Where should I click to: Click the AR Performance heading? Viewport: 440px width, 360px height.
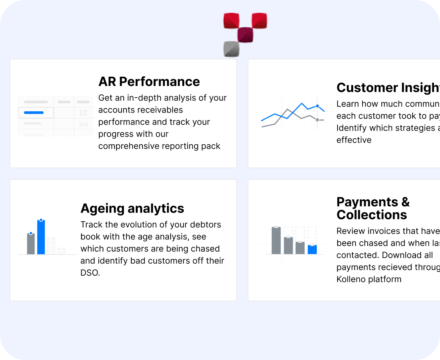[x=149, y=82]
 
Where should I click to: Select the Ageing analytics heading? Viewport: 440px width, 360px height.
[x=132, y=209]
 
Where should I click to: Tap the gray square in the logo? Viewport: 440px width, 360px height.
[x=231, y=49]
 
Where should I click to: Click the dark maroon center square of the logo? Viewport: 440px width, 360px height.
[x=245, y=35]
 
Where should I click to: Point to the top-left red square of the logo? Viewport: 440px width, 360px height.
[x=231, y=21]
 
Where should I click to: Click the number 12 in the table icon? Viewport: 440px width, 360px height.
[x=83, y=113]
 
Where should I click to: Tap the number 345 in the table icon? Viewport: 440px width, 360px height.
[x=83, y=125]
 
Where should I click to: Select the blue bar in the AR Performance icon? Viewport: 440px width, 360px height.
[x=34, y=112]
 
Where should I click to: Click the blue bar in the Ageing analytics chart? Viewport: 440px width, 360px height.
[x=41, y=237]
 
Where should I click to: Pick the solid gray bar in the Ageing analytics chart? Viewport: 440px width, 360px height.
[x=31, y=244]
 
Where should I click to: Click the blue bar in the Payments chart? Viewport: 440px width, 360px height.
[x=312, y=250]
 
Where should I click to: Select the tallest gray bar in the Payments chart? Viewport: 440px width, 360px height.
[x=276, y=241]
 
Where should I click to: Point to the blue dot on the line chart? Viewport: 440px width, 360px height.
[x=317, y=106]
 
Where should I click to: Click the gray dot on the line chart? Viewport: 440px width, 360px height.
[x=317, y=120]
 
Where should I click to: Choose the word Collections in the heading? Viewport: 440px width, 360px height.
[x=372, y=215]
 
